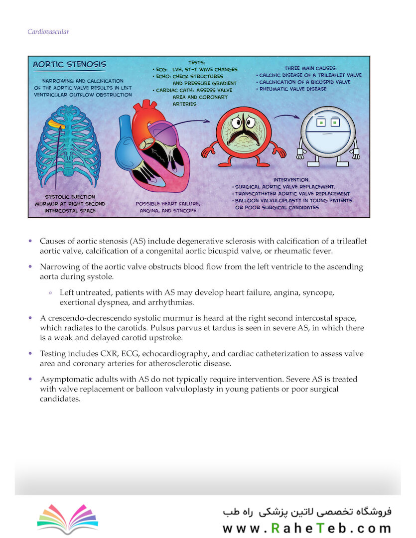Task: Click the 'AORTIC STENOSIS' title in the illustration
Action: click(69, 64)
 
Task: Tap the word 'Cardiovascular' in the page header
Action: click(48, 32)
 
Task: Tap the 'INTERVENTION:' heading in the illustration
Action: click(291, 179)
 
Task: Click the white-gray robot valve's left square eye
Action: click(322, 122)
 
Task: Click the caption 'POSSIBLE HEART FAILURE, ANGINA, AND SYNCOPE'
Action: click(168, 207)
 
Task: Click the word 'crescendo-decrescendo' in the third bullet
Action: click(94, 318)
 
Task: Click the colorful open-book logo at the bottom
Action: click(68, 518)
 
